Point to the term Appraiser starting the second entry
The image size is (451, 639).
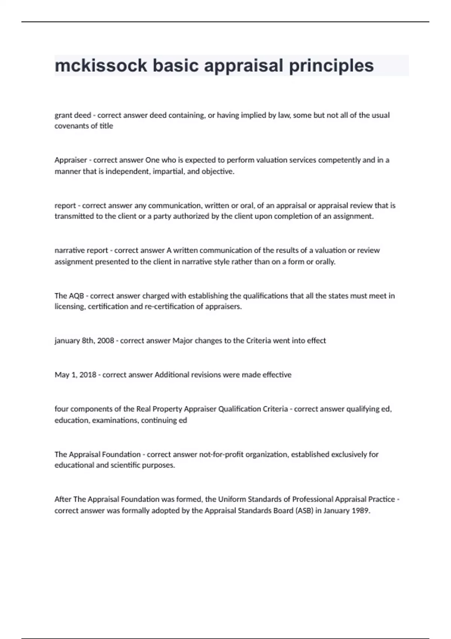click(x=71, y=160)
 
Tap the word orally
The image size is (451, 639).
click(x=325, y=262)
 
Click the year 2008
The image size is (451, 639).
click(x=106, y=341)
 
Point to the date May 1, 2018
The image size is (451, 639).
click(x=75, y=375)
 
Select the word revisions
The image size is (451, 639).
click(x=206, y=375)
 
